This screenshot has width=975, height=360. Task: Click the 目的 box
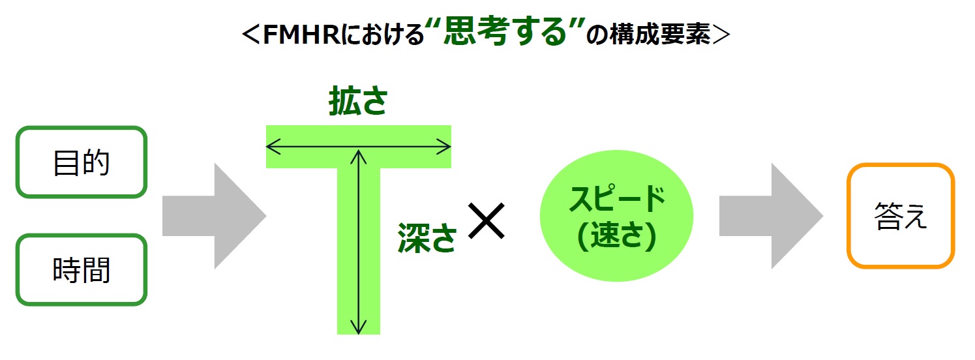(x=82, y=162)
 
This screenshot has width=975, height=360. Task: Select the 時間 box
(x=82, y=270)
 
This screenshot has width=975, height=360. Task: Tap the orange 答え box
(x=901, y=215)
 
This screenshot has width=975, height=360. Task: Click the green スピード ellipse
(x=616, y=216)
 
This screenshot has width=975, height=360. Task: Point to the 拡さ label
(x=358, y=100)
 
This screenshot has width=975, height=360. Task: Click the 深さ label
(x=427, y=237)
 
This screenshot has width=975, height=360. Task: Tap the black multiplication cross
(x=486, y=220)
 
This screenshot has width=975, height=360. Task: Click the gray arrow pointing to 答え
(x=771, y=216)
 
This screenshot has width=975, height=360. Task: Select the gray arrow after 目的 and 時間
(x=214, y=216)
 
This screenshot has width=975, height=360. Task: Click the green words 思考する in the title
(x=505, y=32)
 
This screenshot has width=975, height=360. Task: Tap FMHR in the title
(x=301, y=34)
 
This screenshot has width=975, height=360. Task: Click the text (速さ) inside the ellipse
(x=616, y=236)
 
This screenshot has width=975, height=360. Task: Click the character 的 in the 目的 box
(x=96, y=162)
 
